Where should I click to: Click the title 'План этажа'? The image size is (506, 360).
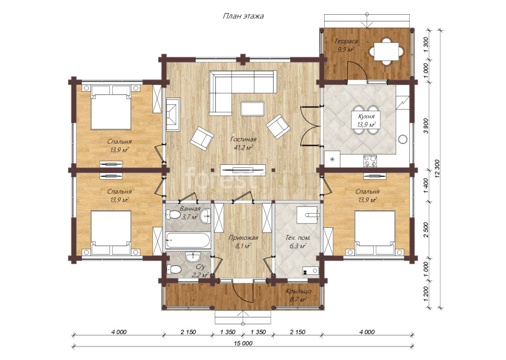coord(243,16)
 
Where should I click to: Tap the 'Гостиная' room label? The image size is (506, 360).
coord(243,139)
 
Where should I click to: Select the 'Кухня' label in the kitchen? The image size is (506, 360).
coord(366,117)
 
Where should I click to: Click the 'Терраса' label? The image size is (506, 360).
coord(346,41)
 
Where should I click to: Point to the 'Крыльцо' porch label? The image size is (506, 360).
coord(298,291)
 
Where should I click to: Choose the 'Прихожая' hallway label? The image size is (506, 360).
coord(243,238)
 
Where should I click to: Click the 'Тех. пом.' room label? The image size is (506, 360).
coord(298,238)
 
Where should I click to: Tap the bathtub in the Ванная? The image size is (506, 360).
coord(188,240)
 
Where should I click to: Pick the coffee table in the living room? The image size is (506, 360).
coord(252,108)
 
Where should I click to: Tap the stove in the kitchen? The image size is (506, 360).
coord(370,161)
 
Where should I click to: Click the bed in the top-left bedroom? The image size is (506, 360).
coord(111,107)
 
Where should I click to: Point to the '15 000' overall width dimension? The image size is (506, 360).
coord(243,343)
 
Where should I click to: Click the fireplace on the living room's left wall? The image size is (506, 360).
coord(173,114)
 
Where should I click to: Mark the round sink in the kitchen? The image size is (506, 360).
coord(403,139)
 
